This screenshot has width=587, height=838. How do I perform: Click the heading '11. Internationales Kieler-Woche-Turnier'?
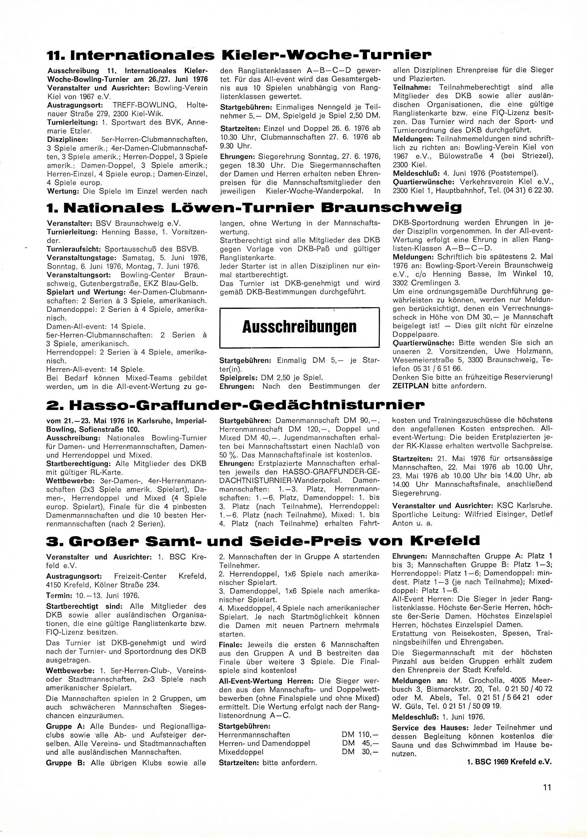239,55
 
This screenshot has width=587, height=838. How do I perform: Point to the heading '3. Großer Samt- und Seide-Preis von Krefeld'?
263,541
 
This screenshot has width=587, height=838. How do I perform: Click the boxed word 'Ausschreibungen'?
299,327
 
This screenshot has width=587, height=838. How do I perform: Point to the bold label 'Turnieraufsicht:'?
74,249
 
